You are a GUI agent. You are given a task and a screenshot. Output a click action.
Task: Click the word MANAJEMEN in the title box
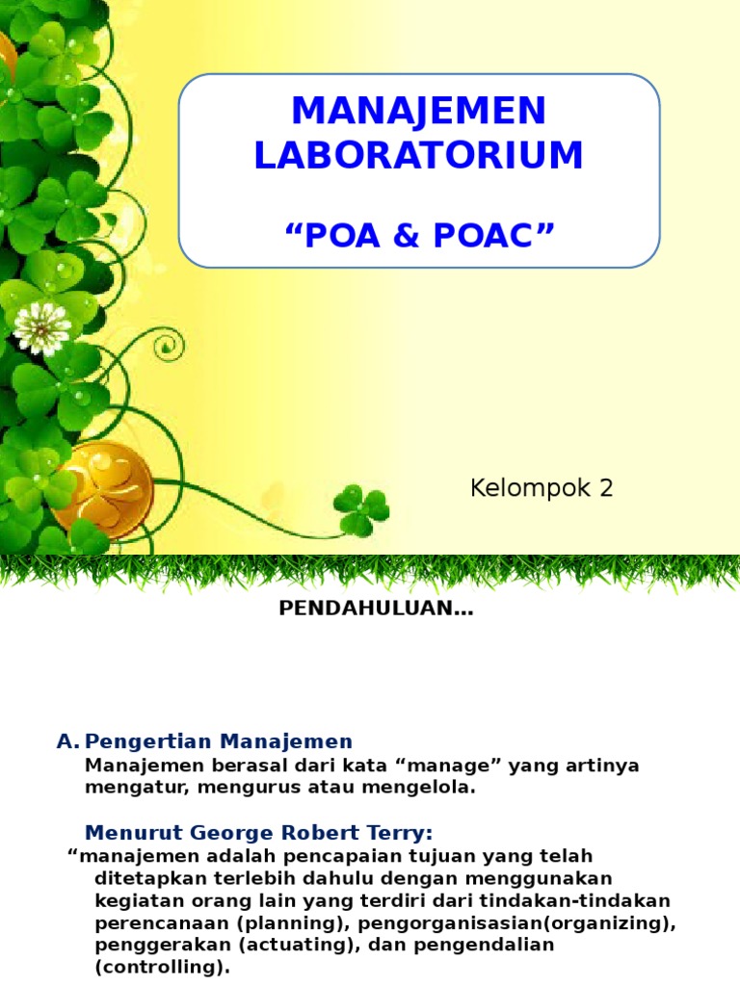pyautogui.click(x=419, y=112)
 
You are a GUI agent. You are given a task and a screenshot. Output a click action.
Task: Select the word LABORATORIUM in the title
pyautogui.click(x=419, y=156)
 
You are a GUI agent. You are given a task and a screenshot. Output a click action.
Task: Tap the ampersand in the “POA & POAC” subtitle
pyautogui.click(x=418, y=234)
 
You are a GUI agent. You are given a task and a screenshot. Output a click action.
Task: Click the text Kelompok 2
pyautogui.click(x=542, y=488)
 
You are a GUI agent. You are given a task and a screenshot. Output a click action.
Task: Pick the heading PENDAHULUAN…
pyautogui.click(x=376, y=609)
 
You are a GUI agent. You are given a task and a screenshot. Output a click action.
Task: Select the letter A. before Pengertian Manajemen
pyautogui.click(x=66, y=741)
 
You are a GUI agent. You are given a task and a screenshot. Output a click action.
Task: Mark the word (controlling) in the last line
pyautogui.click(x=162, y=966)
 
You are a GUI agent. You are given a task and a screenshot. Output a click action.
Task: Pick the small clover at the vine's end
pyautogui.click(x=361, y=509)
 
